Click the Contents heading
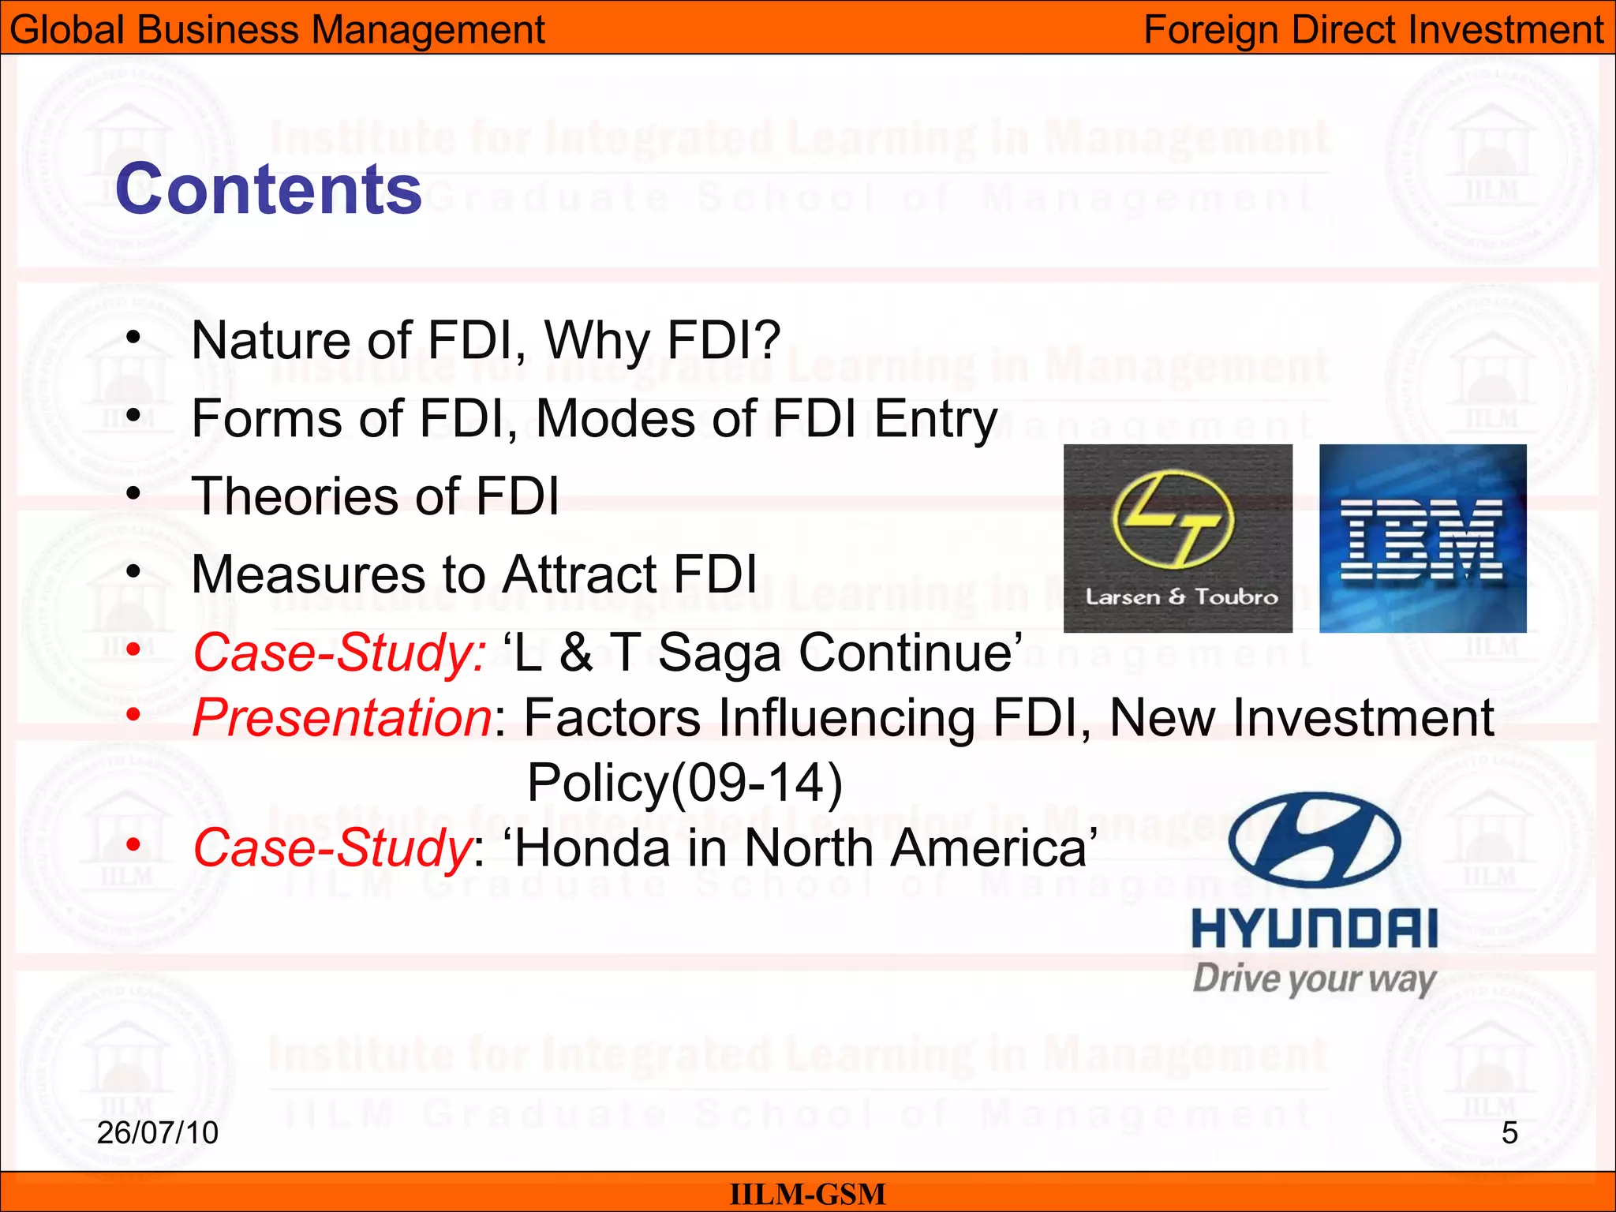point(268,189)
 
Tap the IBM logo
point(1422,540)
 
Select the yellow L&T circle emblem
point(1173,520)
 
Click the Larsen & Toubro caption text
point(1181,597)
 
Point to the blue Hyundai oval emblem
point(1315,841)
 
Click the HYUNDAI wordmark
point(1315,929)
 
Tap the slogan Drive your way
point(1315,979)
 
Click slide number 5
point(1509,1133)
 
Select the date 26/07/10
point(157,1133)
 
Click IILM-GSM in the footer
point(807,1194)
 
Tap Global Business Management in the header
point(277,30)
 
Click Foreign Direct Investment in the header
point(1373,30)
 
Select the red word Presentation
point(342,718)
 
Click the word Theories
point(296,496)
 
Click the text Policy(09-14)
point(685,783)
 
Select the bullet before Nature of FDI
point(133,338)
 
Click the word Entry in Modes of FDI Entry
point(936,419)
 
